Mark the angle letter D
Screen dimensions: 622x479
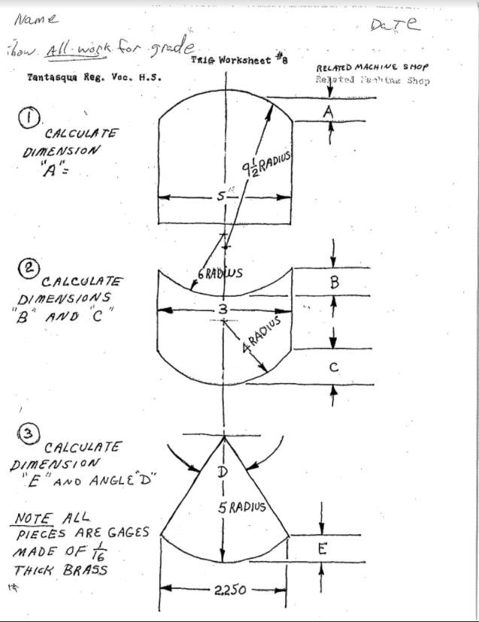222,473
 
